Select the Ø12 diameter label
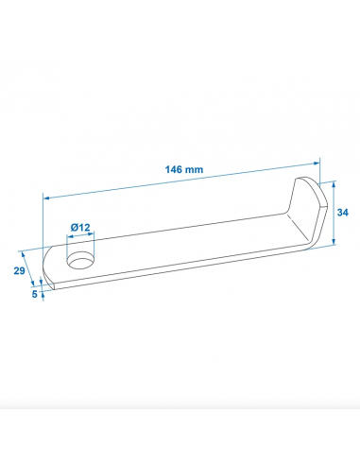80,228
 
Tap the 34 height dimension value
344,213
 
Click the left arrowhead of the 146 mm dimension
46,198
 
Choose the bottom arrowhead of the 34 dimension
334,243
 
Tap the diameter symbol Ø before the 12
74,228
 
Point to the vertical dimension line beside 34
334,214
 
